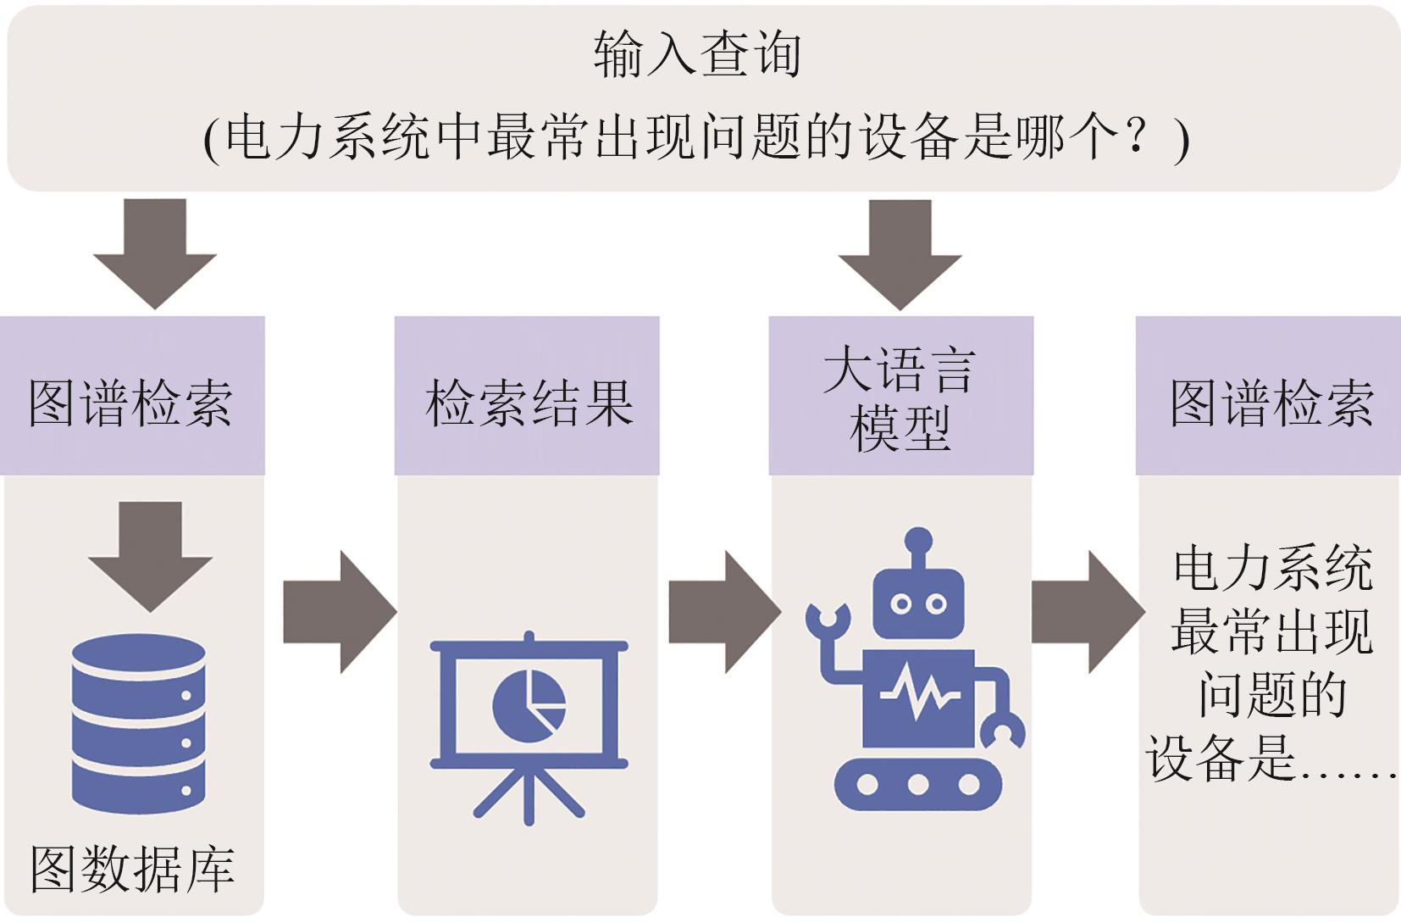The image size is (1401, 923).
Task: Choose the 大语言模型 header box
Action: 900,398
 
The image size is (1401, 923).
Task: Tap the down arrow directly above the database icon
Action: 150,555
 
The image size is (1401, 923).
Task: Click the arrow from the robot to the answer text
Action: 1087,611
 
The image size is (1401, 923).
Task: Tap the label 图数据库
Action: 132,869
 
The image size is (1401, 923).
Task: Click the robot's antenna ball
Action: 918,539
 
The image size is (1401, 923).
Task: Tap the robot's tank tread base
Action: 918,784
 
